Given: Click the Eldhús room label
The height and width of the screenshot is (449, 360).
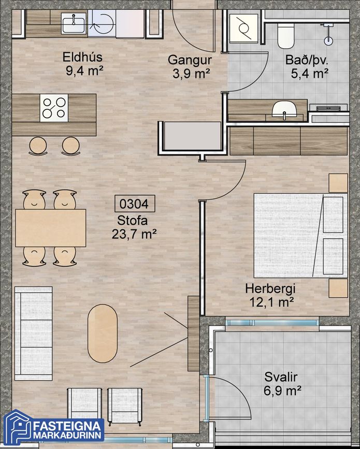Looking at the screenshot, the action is point(82,64).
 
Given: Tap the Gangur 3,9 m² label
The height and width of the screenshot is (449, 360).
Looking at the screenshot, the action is point(190,67).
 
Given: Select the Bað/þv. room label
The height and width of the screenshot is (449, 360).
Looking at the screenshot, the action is point(307,67).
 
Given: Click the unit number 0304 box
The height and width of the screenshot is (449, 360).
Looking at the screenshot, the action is point(135,204).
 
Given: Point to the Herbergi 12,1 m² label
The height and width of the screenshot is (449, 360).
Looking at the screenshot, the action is point(270,295).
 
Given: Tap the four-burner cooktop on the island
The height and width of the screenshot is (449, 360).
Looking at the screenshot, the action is point(54,108).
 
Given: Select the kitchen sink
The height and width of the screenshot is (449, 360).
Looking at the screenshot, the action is point(74,23).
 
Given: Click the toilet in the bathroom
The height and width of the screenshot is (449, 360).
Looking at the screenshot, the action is point(286,36).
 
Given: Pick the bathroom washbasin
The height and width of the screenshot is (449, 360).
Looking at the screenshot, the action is point(284,110).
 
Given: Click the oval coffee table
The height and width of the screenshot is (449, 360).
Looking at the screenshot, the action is point(103,334).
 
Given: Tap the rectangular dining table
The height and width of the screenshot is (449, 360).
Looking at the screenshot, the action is point(51,228).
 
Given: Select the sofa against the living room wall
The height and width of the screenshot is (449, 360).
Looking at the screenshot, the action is point(34,334).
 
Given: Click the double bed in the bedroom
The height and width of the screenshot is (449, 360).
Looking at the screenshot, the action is point(301,236).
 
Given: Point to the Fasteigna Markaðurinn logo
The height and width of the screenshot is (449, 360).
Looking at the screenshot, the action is point(53,428).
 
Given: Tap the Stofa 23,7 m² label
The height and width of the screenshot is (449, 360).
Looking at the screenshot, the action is point(134,227).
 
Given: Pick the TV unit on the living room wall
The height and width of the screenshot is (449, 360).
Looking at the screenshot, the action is point(194,334).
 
